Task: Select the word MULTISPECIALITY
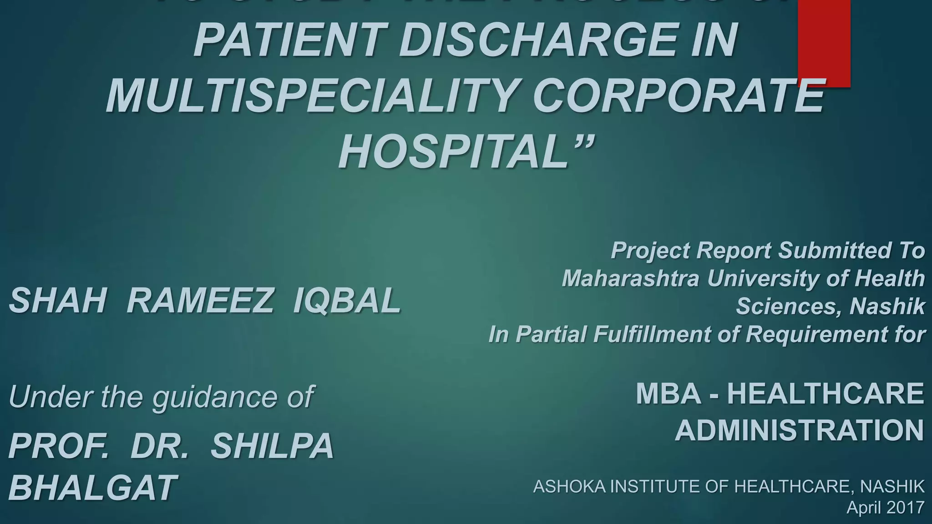pyautogui.click(x=311, y=96)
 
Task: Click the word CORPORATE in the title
pyautogui.click(x=679, y=96)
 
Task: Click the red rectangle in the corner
pyautogui.click(x=824, y=43)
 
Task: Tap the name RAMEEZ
pyautogui.click(x=200, y=301)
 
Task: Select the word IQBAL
pyautogui.click(x=347, y=301)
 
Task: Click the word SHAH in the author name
pyautogui.click(x=58, y=301)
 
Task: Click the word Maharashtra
pyautogui.click(x=630, y=278)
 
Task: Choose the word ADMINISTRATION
pyautogui.click(x=800, y=430)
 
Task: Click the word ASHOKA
pyautogui.click(x=569, y=487)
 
